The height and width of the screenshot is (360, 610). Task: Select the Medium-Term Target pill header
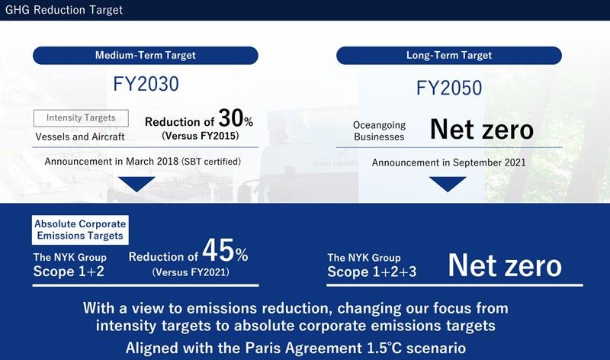[145, 55]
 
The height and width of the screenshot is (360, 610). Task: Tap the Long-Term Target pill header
[448, 55]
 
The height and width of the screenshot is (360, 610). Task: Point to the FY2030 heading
[145, 84]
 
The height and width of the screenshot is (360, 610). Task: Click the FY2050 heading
[449, 88]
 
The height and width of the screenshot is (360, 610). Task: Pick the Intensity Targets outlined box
[81, 118]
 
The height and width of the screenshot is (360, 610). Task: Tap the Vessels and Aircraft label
[80, 137]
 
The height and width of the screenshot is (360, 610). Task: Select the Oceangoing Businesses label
[379, 130]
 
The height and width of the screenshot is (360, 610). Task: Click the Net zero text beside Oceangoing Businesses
[481, 129]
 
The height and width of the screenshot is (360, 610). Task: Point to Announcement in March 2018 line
[143, 162]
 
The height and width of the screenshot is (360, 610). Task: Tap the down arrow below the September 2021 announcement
[448, 184]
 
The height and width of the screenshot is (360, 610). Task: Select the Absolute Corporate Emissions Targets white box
[80, 230]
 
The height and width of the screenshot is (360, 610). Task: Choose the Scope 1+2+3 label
[371, 272]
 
